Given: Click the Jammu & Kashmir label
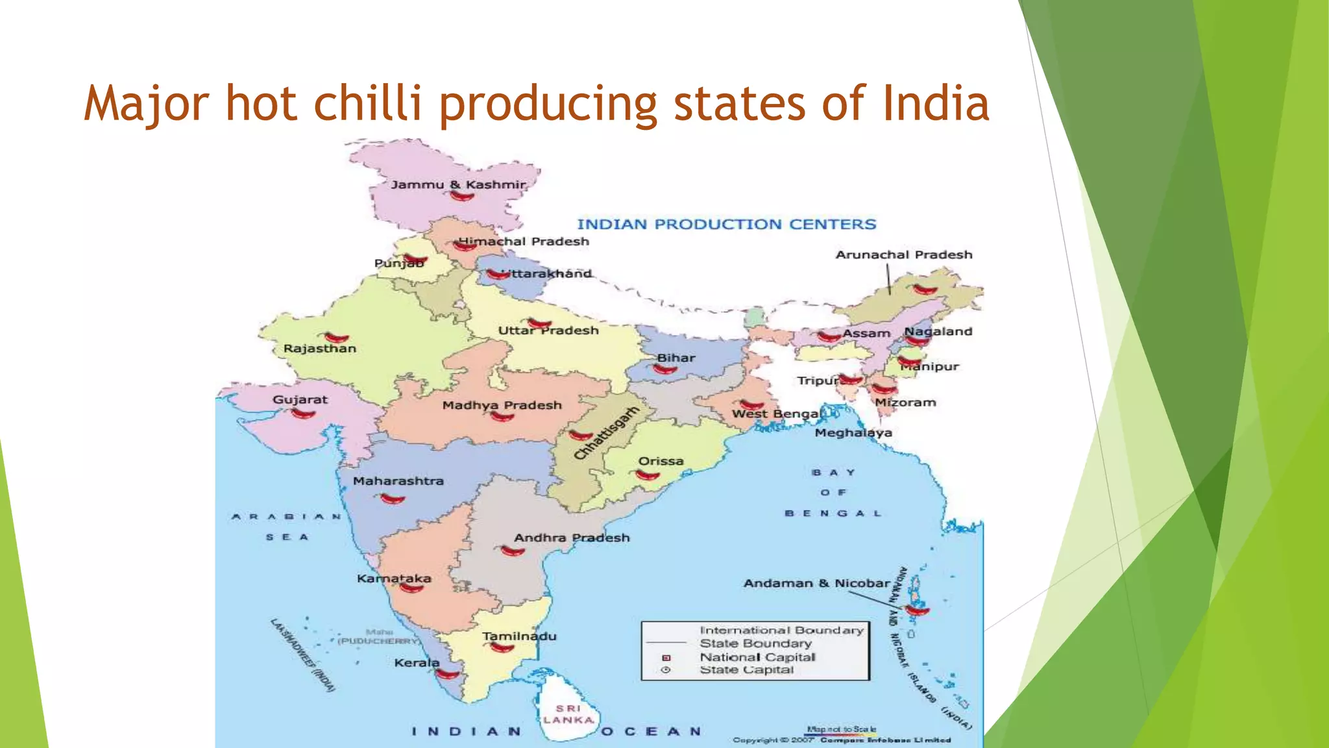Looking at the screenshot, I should pyautogui.click(x=457, y=184).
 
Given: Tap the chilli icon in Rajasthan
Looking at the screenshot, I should pyautogui.click(x=337, y=338).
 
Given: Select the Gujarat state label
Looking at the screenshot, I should pyautogui.click(x=300, y=399).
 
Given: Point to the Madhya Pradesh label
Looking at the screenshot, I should pyautogui.click(x=502, y=405).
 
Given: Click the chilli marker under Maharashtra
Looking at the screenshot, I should pyautogui.click(x=393, y=499).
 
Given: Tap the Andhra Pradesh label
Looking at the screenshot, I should pyautogui.click(x=572, y=538).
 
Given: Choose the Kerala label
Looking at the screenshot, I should pyautogui.click(x=417, y=663).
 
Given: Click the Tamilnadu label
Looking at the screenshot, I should pyautogui.click(x=519, y=636).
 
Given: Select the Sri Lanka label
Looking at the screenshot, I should pyautogui.click(x=568, y=714).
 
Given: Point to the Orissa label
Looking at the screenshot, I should pyautogui.click(x=661, y=461).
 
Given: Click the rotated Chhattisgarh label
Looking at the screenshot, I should pyautogui.click(x=606, y=433).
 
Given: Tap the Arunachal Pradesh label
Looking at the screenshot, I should pyautogui.click(x=904, y=255).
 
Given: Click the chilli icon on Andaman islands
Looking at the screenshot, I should pyautogui.click(x=918, y=610).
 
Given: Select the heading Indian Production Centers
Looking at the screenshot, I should pyautogui.click(x=727, y=224).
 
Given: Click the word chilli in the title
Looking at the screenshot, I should pyautogui.click(x=368, y=103).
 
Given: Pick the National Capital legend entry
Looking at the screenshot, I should pyautogui.click(x=757, y=657).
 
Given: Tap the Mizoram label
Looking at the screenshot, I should pyautogui.click(x=905, y=403).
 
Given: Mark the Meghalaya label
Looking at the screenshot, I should pyautogui.click(x=853, y=432).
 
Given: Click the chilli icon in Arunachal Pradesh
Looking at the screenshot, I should pyautogui.click(x=925, y=290).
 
